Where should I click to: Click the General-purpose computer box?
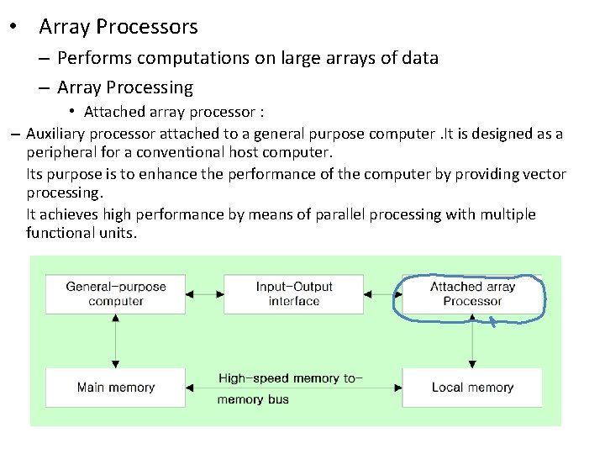(116, 293)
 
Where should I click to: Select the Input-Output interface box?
(294, 293)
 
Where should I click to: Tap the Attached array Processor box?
(472, 293)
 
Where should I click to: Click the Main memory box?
(116, 388)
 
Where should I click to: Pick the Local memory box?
(472, 388)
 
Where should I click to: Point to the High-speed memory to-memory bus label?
(289, 388)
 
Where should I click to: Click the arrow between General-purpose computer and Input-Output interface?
(204, 294)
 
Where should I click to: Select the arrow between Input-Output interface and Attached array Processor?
(382, 294)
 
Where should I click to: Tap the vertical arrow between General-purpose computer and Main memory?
(115, 341)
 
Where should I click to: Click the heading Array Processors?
(118, 27)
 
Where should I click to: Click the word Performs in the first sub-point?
(92, 58)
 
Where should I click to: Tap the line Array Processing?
(125, 87)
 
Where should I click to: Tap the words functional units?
(80, 233)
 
